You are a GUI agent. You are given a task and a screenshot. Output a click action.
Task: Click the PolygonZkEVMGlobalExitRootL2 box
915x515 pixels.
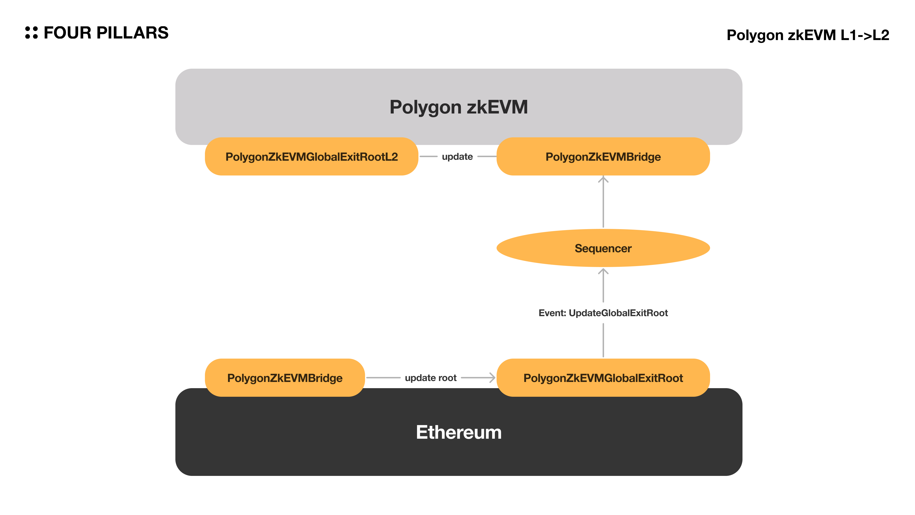[x=311, y=156]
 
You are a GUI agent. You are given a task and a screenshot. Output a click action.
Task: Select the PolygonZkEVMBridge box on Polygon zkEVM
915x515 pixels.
[x=603, y=156]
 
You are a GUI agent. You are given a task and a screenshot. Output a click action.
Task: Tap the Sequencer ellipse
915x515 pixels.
[x=603, y=248]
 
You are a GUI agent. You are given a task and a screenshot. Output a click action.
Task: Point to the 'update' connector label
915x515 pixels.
[x=457, y=156]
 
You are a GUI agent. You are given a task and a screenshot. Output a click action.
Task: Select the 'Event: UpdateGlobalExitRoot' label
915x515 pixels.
[x=603, y=313]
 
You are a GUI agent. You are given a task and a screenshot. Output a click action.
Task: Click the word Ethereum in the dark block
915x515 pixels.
[x=458, y=432]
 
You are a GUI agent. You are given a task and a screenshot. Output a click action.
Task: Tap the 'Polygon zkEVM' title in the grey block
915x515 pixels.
[x=458, y=107]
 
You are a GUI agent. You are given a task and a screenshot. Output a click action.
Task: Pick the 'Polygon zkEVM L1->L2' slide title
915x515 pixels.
[x=808, y=35]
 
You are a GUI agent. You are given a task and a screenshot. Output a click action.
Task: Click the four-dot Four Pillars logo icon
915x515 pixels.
[x=31, y=32]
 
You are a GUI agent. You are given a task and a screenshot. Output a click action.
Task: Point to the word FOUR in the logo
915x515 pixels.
[x=67, y=33]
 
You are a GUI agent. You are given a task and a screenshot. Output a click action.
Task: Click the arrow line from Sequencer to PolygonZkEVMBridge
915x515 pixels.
[x=603, y=204]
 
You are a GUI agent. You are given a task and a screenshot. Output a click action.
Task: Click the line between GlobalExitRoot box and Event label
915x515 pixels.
[x=603, y=340]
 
